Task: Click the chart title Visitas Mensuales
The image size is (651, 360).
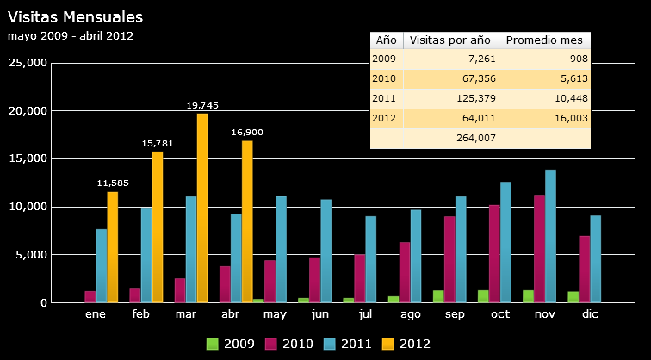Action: pyautogui.click(x=75, y=16)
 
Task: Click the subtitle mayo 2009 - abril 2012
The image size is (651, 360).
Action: pyautogui.click(x=70, y=36)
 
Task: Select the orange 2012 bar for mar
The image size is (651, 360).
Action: pyautogui.click(x=202, y=208)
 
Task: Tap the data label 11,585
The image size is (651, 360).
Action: pyautogui.click(x=113, y=183)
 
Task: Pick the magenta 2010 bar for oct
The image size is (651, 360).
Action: pyautogui.click(x=494, y=253)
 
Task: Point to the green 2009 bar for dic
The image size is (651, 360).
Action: pyautogui.click(x=573, y=297)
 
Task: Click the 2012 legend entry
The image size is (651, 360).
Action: pyautogui.click(x=406, y=344)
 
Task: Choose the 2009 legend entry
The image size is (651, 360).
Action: pyautogui.click(x=230, y=344)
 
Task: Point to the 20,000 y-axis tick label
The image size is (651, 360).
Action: pyautogui.click(x=26, y=111)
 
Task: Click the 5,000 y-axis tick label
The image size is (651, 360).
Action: pyautogui.click(x=28, y=255)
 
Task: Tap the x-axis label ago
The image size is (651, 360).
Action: pyautogui.click(x=410, y=315)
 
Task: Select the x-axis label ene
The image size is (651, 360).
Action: pyautogui.click(x=96, y=315)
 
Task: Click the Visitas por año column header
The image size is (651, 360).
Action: pyautogui.click(x=449, y=40)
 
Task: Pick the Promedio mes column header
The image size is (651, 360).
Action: pyautogui.click(x=544, y=40)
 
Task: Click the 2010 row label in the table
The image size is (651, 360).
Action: pyautogui.click(x=384, y=78)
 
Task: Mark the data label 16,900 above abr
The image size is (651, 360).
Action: pyautogui.click(x=247, y=133)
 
